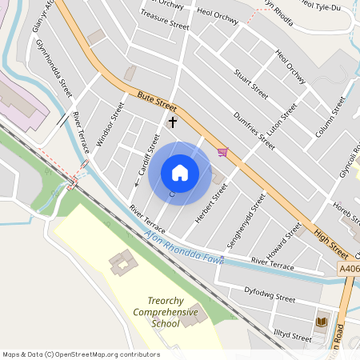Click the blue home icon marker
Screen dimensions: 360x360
[x=180, y=172]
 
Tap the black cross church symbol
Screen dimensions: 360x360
[x=172, y=122]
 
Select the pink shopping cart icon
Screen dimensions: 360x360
[x=222, y=152]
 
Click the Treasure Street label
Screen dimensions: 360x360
[x=164, y=19]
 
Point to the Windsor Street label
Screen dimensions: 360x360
[x=110, y=124]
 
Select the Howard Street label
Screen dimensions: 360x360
[x=285, y=237]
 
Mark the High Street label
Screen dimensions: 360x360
[x=331, y=241]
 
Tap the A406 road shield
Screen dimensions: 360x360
[x=349, y=269]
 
